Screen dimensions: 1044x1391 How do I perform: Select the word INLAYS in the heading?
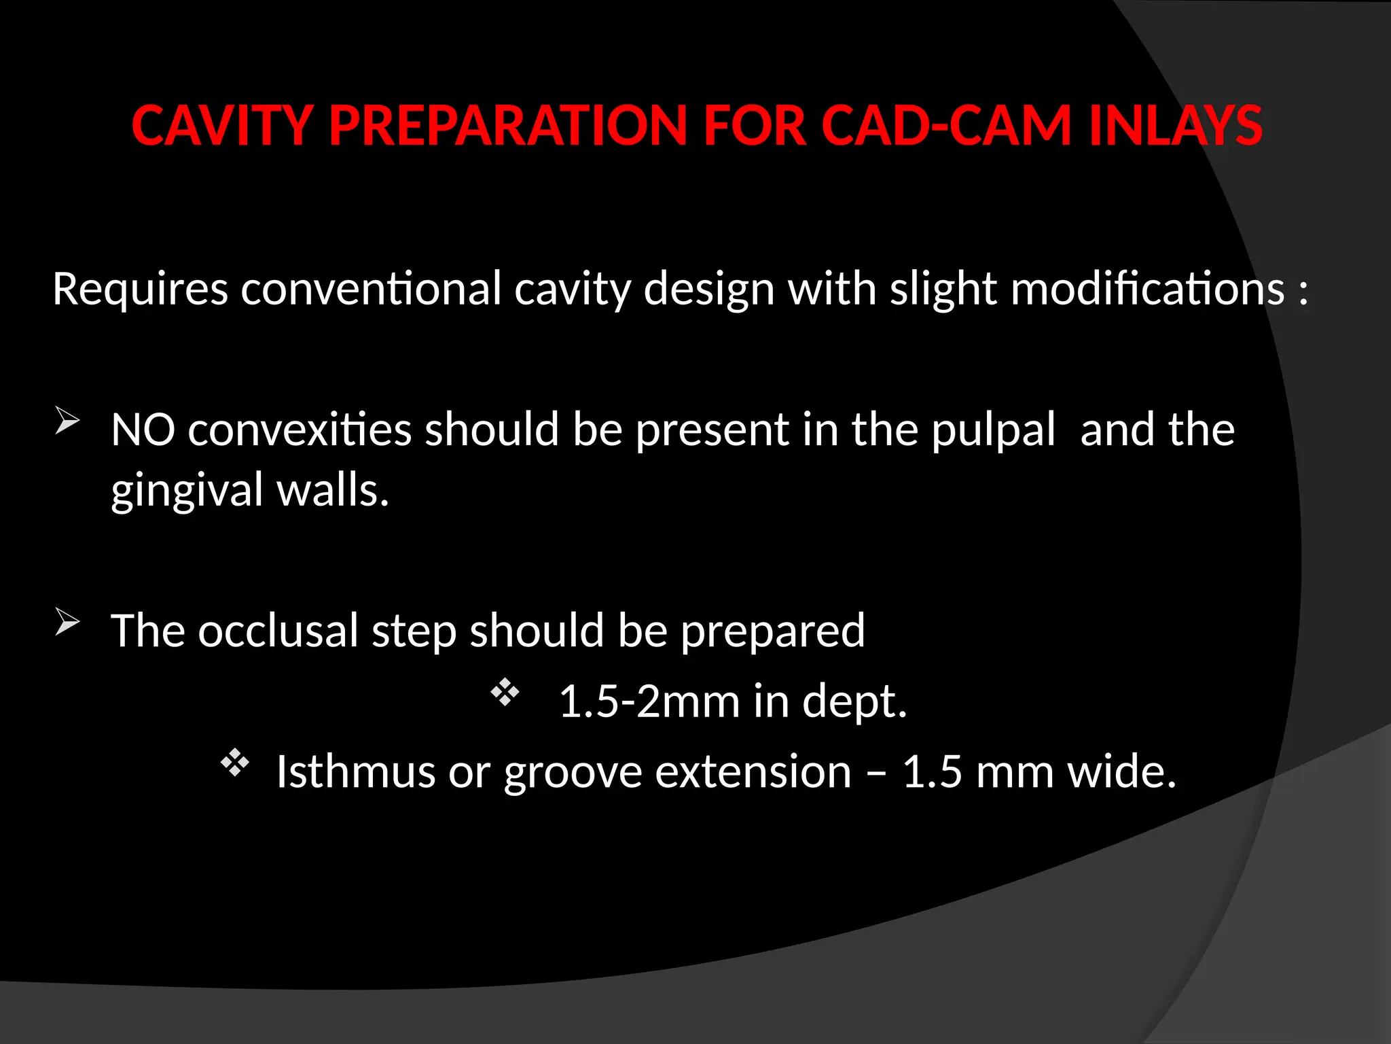coord(1175,126)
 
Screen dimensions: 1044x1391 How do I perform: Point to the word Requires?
coord(140,290)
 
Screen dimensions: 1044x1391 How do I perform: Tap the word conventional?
coord(371,290)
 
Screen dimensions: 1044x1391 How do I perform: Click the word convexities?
coord(300,430)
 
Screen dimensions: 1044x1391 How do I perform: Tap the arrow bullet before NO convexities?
coord(67,421)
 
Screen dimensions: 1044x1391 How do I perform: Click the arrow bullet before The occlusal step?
coord(67,622)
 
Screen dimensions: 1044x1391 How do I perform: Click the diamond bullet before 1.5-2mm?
coord(505,693)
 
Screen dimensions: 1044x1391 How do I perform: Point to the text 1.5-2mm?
coord(649,702)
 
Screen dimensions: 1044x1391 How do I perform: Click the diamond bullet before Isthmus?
coord(235,763)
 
